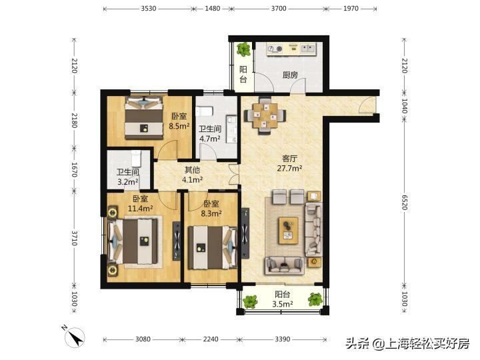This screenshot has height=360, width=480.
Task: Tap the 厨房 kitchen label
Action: click(x=289, y=75)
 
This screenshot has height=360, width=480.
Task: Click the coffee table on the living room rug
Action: click(x=288, y=228)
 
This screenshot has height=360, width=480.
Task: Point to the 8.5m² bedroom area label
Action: click(x=179, y=125)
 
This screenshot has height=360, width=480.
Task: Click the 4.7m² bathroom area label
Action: click(x=210, y=139)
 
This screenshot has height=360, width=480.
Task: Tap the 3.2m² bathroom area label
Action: click(x=127, y=181)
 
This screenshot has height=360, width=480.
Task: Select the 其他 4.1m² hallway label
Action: click(x=193, y=175)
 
